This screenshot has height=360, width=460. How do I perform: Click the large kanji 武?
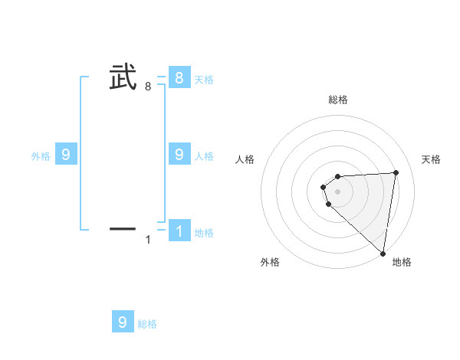123,77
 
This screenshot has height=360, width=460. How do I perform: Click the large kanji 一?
123,228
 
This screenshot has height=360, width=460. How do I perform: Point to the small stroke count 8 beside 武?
148,87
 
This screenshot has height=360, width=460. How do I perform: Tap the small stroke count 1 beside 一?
148,241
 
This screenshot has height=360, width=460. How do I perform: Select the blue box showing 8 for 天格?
179,77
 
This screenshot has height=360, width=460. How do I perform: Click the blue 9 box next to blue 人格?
179,154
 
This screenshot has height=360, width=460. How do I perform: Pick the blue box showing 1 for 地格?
179,231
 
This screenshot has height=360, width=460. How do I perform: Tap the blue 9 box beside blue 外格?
66,155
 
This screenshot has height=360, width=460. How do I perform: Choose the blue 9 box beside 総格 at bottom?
123,322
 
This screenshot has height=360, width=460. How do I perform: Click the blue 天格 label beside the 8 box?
204,80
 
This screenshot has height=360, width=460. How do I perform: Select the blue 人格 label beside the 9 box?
204,156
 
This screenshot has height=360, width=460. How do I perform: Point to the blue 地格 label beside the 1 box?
204,233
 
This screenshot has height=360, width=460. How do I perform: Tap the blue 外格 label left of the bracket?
41,156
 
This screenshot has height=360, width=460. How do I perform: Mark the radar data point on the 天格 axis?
396,172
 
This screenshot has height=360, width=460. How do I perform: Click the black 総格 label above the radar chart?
338,100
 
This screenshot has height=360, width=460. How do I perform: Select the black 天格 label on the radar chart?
432,159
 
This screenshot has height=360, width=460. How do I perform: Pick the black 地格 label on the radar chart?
402,262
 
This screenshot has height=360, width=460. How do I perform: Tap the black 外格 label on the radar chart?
270,262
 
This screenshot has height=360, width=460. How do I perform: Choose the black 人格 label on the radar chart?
245,159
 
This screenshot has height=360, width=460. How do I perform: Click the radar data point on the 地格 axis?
383,254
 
